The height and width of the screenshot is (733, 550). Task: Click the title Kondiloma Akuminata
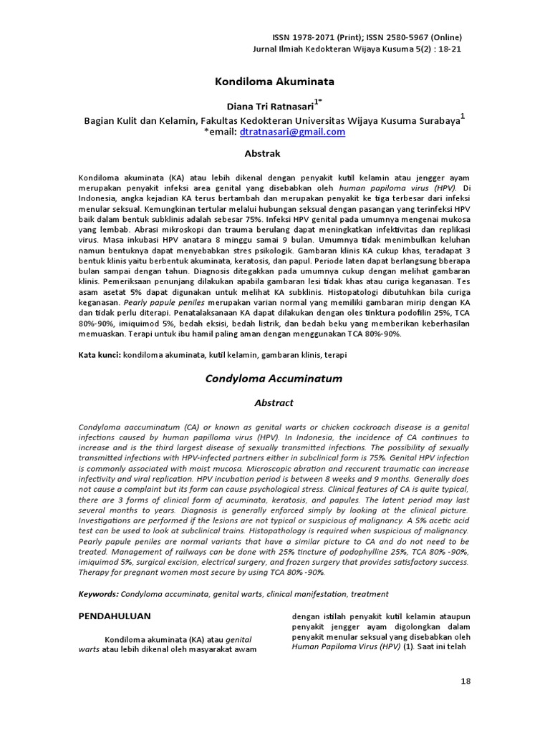click(274, 82)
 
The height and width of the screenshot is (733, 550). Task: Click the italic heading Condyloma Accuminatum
click(274, 378)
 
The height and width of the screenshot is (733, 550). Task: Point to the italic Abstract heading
click(274, 403)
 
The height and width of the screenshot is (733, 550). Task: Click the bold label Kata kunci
click(100, 354)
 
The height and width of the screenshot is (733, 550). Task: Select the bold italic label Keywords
click(98, 593)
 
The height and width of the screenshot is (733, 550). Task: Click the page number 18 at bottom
click(465, 681)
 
